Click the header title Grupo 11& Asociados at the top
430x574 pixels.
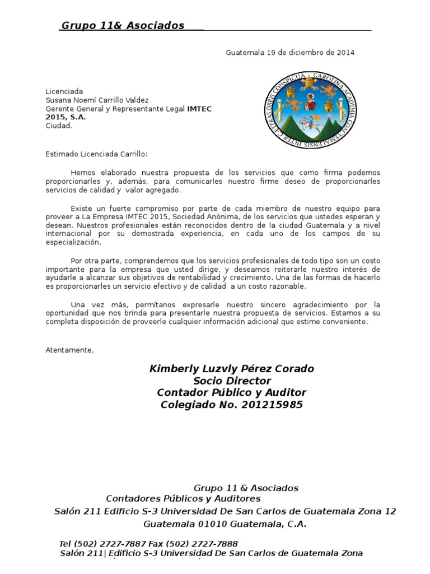123,26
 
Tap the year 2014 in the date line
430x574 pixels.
345,53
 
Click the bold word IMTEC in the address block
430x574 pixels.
199,109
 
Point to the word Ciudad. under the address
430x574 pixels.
59,126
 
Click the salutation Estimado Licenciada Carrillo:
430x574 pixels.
97,154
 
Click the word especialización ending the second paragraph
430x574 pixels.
73,243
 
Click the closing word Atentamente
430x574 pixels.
69,350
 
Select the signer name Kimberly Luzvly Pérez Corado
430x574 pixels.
231,369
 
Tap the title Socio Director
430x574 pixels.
231,381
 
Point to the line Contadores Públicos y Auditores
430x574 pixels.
183,498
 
